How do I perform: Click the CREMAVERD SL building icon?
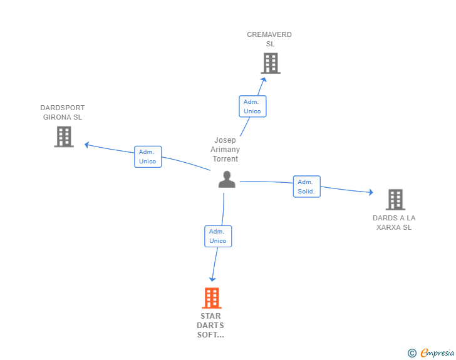(x=271, y=63)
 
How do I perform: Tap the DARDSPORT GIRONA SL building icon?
(x=64, y=136)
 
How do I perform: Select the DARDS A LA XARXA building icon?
(x=395, y=200)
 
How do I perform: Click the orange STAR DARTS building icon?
(x=212, y=298)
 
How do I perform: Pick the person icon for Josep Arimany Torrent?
(x=227, y=180)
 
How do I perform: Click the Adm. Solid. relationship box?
(x=306, y=187)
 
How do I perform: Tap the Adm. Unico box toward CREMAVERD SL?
(x=252, y=106)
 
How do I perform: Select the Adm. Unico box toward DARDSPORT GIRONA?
(x=148, y=157)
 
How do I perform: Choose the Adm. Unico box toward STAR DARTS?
(x=218, y=236)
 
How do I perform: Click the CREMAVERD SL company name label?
(x=269, y=39)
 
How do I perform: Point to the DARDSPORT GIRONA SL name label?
(x=63, y=113)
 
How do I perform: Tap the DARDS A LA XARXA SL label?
(x=394, y=222)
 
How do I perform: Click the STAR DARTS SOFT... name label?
(x=210, y=326)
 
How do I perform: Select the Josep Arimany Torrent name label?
(x=225, y=150)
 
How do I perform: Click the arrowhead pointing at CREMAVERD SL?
(x=264, y=80)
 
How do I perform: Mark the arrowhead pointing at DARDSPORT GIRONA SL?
(x=87, y=145)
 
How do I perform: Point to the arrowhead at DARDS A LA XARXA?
(x=371, y=192)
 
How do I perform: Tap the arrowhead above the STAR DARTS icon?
(x=212, y=279)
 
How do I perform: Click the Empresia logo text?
(x=437, y=352)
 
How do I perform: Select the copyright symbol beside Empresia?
(x=412, y=353)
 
